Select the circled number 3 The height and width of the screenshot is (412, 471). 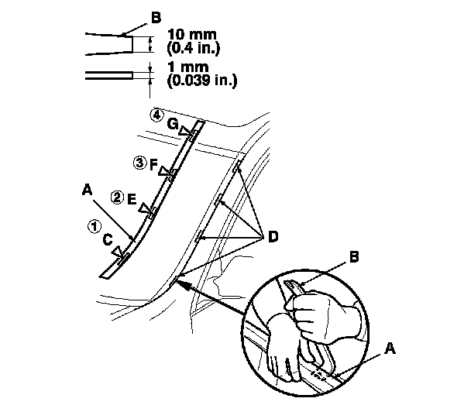(x=139, y=163)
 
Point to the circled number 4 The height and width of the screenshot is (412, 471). (x=158, y=115)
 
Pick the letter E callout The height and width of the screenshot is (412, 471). (x=132, y=200)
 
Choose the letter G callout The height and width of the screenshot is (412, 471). (x=173, y=124)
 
